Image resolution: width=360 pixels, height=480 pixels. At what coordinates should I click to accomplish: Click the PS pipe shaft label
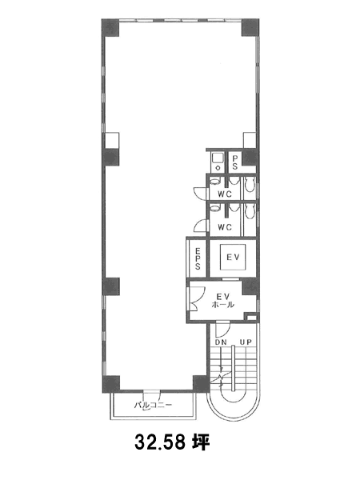(x=234, y=162)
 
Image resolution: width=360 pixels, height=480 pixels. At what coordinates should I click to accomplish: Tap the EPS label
(x=198, y=258)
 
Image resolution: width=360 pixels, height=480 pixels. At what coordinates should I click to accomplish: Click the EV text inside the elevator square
(x=233, y=257)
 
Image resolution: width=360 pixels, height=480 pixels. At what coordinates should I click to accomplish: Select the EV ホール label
(x=223, y=301)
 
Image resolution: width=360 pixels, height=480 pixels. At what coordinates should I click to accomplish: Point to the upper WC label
(x=225, y=194)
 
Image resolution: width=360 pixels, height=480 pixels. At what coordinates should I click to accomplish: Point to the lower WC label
(x=225, y=227)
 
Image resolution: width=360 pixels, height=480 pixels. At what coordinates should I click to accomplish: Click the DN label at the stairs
(x=221, y=342)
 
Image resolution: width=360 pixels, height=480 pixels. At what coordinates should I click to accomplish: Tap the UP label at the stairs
(x=246, y=342)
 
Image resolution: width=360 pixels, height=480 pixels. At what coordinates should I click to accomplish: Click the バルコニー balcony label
(x=153, y=406)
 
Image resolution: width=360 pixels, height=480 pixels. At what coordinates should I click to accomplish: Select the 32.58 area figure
(x=160, y=442)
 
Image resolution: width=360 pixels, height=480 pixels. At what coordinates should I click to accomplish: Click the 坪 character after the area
(x=201, y=442)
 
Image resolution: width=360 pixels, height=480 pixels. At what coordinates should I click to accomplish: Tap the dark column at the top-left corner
(x=110, y=28)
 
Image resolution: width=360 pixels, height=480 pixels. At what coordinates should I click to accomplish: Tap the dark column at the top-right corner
(x=250, y=27)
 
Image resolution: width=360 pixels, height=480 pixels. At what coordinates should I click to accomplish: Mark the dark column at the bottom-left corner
(x=111, y=384)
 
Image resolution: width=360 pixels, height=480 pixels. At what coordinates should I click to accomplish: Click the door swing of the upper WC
(x=201, y=193)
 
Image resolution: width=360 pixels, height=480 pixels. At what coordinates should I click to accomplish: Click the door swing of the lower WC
(x=201, y=226)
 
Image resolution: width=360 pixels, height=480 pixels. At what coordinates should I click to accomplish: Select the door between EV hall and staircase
(x=222, y=330)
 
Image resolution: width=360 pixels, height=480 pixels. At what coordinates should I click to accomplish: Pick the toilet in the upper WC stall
(x=250, y=185)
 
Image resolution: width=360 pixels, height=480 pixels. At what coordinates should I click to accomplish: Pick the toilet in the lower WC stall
(x=250, y=211)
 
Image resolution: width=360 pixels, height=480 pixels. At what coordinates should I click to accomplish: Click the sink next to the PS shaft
(x=218, y=162)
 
